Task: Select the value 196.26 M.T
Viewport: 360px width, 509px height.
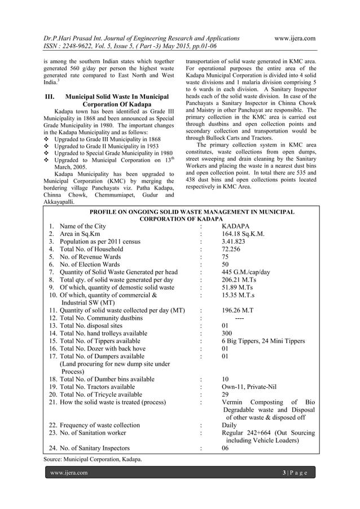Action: tap(239, 310)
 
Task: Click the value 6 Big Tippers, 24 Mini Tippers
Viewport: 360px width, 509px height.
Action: tap(264, 341)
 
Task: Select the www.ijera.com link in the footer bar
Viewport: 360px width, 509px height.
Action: tap(70, 472)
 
